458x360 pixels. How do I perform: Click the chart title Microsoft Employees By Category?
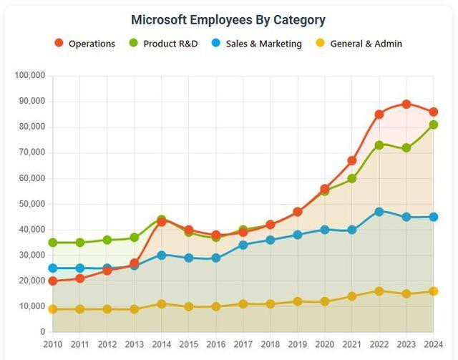228,19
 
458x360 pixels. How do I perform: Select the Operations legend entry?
84,44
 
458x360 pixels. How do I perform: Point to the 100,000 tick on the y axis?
30,75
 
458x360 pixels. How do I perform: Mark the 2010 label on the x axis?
52,344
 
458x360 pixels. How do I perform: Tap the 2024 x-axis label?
434,344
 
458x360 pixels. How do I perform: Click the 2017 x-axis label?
243,344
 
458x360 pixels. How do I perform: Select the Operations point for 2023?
406,104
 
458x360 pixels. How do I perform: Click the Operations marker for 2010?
52,281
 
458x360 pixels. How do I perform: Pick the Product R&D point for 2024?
434,125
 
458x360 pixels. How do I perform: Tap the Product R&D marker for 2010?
52,243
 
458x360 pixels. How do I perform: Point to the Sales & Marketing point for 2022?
379,212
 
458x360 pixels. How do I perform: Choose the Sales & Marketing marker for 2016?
216,258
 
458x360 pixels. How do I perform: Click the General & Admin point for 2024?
434,291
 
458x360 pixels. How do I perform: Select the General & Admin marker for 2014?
162,304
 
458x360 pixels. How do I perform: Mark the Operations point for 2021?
352,160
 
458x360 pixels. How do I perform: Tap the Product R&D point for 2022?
379,145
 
